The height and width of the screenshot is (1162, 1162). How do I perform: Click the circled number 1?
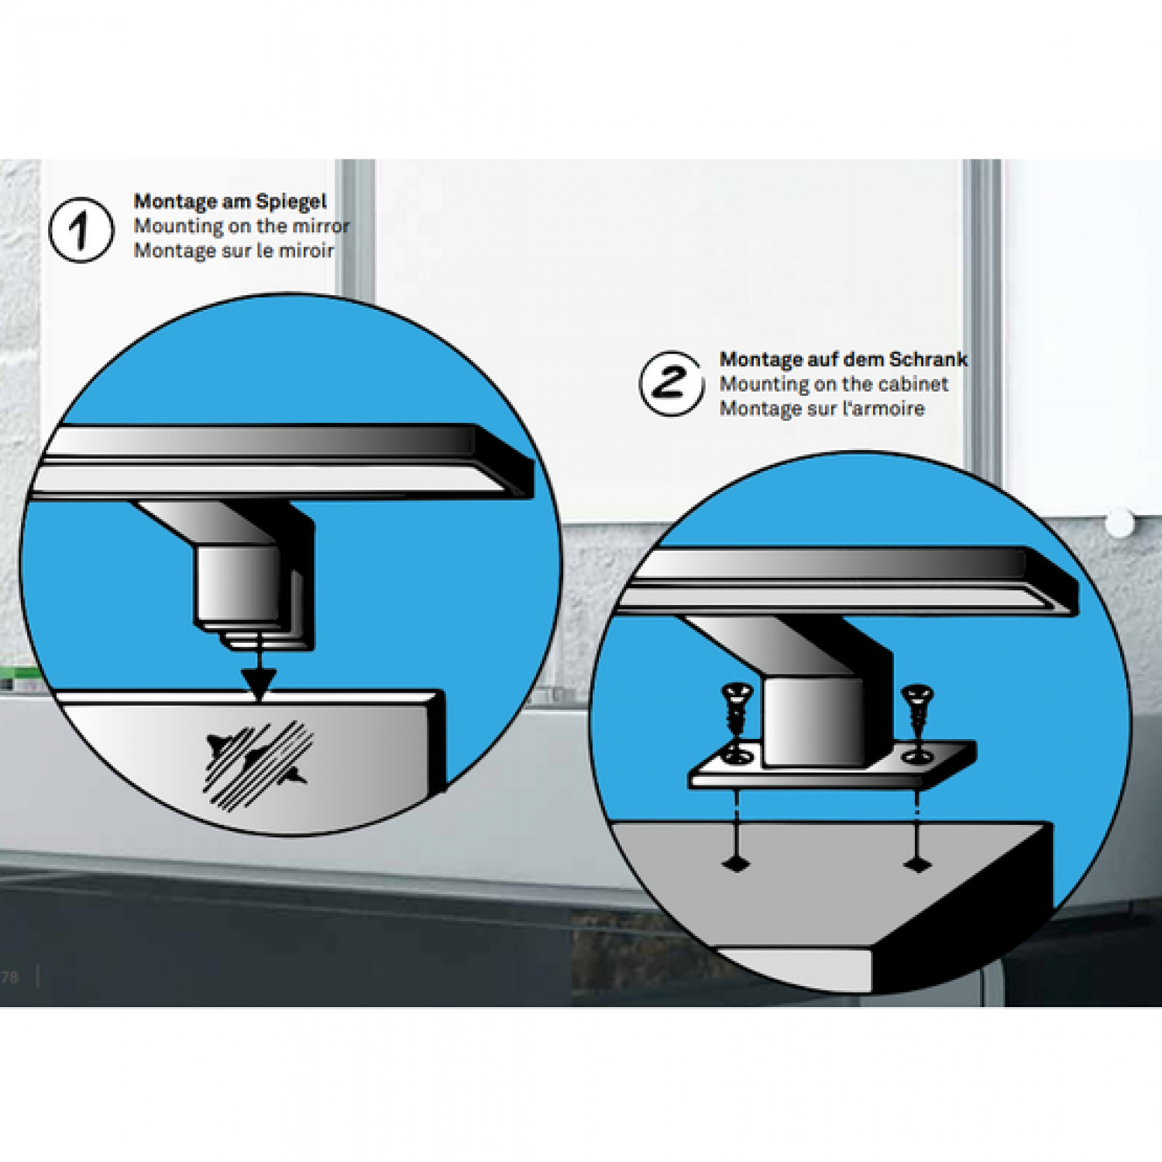(81, 230)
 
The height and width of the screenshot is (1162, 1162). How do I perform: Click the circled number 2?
(672, 383)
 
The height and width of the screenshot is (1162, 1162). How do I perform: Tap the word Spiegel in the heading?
(291, 202)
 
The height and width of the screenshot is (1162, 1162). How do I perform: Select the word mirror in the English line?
(318, 226)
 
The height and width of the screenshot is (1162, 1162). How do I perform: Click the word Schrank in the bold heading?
(928, 359)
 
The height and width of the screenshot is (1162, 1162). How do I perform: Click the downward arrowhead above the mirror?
(259, 684)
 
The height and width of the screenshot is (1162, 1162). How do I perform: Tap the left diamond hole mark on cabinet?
(735, 864)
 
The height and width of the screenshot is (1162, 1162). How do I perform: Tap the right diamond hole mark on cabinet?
(918, 864)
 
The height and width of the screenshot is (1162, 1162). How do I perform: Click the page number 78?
(10, 977)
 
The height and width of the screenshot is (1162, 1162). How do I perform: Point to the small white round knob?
(1119, 523)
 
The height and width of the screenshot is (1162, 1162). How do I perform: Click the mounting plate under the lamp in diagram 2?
(832, 772)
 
